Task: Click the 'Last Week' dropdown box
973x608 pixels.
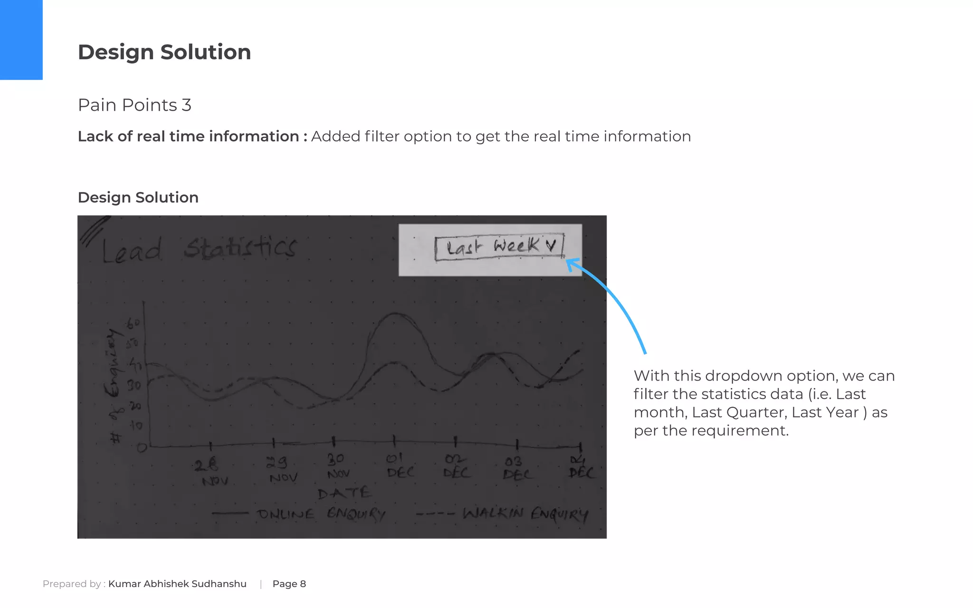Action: point(499,247)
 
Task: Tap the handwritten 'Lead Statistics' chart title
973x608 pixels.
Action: point(200,249)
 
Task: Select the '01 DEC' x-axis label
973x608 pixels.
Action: point(399,465)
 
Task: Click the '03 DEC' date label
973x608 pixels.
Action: point(516,468)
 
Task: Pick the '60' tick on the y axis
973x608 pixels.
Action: point(133,324)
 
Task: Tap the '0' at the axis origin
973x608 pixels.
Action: point(142,447)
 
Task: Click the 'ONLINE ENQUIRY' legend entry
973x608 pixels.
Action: point(320,514)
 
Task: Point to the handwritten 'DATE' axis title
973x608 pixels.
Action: point(344,493)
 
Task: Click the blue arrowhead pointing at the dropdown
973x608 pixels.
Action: point(572,264)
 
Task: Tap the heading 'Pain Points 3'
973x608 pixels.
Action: point(134,105)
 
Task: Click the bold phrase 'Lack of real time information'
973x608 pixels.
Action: point(188,136)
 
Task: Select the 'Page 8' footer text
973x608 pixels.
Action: point(289,584)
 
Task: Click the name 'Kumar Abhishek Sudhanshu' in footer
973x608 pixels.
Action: point(177,584)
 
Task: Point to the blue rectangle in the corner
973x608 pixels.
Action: point(21,39)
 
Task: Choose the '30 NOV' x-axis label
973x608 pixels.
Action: point(338,466)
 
